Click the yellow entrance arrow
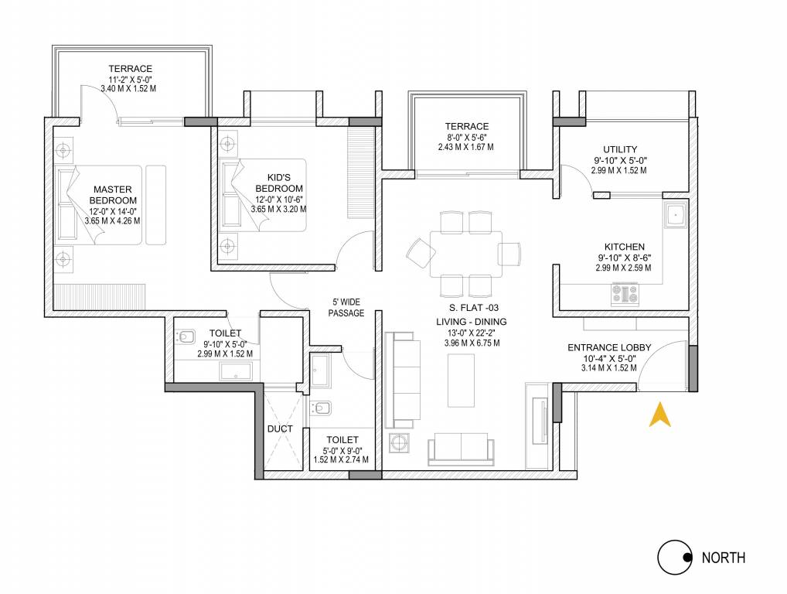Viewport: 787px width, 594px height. (x=659, y=415)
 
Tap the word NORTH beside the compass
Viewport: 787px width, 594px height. (x=723, y=557)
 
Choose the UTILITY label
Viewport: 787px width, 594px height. (x=620, y=149)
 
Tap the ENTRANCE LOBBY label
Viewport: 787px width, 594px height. (x=609, y=347)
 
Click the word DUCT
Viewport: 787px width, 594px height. (x=279, y=427)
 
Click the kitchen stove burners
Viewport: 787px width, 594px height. (x=625, y=293)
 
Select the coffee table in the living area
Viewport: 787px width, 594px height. (x=462, y=380)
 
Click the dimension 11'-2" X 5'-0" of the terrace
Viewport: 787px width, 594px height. (x=130, y=78)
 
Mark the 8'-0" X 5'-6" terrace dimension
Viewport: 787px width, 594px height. (x=466, y=137)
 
